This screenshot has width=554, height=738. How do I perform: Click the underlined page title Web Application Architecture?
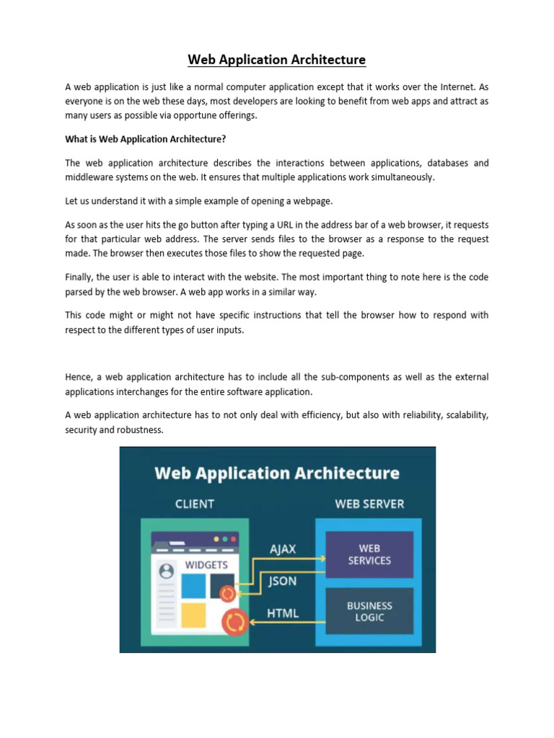pos(277,59)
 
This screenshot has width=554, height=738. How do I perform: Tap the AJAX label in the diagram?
pos(283,548)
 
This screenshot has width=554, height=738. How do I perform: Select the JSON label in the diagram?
pos(282,581)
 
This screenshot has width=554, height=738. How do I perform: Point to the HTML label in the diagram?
pos(283,613)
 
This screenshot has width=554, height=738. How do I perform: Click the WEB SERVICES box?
pos(369,554)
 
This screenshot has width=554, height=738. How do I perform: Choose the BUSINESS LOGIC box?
pos(369,612)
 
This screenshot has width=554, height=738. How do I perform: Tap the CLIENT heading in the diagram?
pos(195,504)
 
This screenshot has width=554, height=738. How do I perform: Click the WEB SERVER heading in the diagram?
pos(369,504)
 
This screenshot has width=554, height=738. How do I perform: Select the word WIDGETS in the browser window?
pos(206,565)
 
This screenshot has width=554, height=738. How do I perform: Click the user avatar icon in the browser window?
pos(166,572)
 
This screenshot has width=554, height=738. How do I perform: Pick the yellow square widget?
pos(193,615)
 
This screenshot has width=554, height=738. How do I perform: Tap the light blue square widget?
pos(193,586)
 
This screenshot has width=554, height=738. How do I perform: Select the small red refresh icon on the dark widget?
pos(227,594)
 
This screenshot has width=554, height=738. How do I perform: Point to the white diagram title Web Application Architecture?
pos(277,473)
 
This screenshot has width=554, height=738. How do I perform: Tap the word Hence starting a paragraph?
pos(79,378)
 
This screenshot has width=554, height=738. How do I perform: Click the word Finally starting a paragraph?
pos(82,277)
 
